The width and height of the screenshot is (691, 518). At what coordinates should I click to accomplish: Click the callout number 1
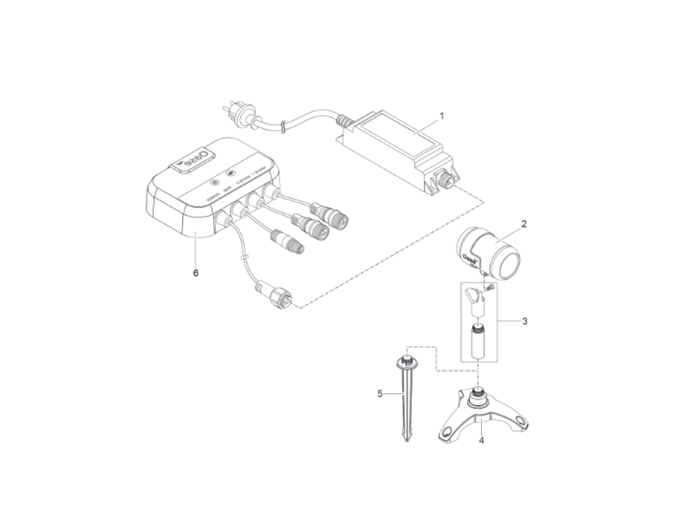click(x=441, y=116)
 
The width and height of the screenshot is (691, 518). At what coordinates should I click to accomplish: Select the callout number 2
click(x=523, y=222)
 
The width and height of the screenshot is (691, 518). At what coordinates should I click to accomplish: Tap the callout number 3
click(x=524, y=321)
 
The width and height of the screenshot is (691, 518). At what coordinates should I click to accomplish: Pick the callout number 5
click(x=380, y=394)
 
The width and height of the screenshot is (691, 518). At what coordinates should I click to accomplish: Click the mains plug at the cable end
click(x=235, y=111)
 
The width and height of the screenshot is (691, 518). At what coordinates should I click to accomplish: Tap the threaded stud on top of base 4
click(x=478, y=391)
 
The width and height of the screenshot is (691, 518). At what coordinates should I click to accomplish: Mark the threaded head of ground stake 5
click(x=407, y=360)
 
